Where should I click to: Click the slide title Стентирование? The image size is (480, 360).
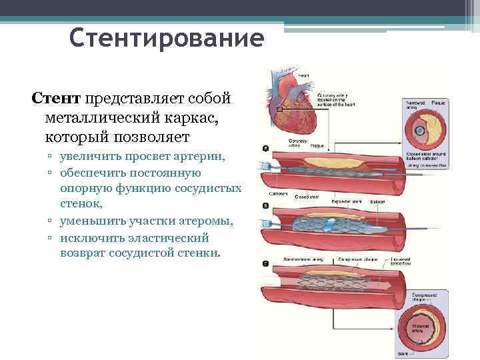pos(167,38)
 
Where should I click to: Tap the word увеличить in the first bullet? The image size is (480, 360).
pos(87,157)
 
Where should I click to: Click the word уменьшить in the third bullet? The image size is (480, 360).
pos(89,221)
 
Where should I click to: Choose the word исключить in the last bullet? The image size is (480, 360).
pos(89,237)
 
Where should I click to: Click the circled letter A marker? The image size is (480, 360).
pos(266,148)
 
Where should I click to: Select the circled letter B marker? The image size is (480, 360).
pos(266,205)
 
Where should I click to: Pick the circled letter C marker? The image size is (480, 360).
pos(266,263)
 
